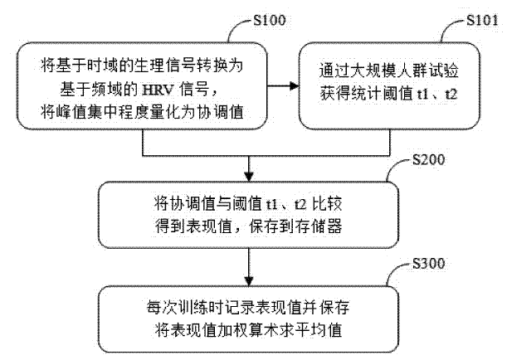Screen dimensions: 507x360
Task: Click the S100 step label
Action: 270,20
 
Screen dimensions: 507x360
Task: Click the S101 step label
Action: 482,20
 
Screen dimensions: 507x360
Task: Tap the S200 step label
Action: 428,159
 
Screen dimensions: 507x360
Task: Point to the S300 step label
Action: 428,263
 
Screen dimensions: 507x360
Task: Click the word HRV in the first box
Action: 158,89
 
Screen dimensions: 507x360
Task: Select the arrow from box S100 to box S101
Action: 283,86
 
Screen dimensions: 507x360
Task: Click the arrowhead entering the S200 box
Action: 249,176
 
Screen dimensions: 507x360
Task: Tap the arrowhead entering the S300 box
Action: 249,281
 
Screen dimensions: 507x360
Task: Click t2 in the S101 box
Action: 451,94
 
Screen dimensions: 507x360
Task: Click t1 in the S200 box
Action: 271,204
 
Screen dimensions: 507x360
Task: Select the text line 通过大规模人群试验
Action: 388,71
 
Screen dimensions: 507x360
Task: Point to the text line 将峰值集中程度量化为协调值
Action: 142,112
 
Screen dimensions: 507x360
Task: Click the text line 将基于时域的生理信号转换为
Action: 142,66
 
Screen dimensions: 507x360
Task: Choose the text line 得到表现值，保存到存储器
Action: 249,226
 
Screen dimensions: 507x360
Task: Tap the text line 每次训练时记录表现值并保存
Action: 248,307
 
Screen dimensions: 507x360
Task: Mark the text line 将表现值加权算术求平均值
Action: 248,330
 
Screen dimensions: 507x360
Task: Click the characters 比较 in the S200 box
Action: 327,204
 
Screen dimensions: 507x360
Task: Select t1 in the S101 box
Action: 423,94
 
